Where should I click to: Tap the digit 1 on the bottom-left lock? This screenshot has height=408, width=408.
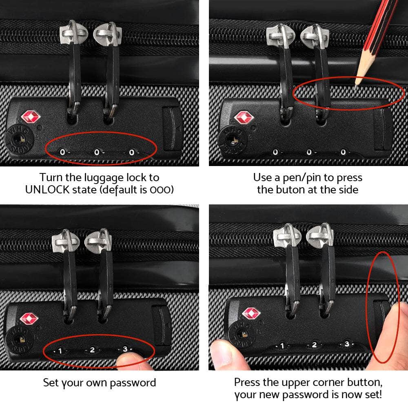(60, 350)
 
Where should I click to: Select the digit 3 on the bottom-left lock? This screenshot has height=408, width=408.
(125, 349)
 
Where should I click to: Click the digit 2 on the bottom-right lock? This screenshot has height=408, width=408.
(314, 345)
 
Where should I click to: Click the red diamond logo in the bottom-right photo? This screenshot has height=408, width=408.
(251, 313)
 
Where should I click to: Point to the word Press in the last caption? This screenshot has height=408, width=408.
(248, 383)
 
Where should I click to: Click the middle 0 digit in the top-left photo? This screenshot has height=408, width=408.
(97, 152)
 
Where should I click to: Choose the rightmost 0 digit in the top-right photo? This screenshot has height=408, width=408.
(343, 152)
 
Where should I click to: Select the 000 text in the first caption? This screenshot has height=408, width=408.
(161, 190)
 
